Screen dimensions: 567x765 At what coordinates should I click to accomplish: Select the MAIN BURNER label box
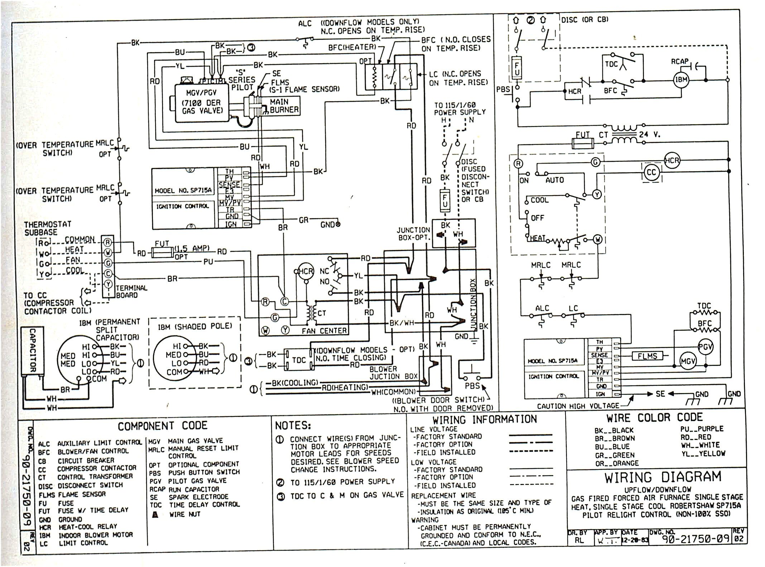284,106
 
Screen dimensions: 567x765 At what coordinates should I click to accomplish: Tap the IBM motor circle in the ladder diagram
681,80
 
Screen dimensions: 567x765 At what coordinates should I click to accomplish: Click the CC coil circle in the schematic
651,173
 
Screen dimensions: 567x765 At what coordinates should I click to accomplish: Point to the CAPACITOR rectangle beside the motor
32,350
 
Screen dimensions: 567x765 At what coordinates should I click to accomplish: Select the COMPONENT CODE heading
163,426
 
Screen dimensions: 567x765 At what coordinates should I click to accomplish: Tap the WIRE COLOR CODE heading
654,418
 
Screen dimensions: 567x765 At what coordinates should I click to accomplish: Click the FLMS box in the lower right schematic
647,356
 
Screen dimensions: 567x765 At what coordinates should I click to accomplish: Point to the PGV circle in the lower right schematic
705,347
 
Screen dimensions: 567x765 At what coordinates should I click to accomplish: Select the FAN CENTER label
324,331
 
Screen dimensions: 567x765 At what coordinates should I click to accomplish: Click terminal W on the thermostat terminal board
108,253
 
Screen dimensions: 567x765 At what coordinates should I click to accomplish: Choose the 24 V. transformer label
649,135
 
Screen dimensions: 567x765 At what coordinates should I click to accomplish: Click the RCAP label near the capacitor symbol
680,62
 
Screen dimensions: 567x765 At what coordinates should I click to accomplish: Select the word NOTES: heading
293,426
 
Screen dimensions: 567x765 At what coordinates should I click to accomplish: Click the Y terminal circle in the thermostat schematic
597,194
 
